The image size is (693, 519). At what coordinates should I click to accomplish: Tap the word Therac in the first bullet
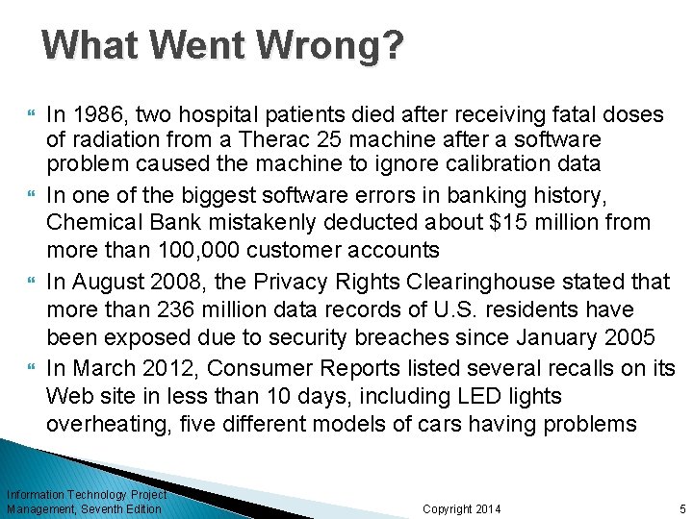pyautogui.click(x=242, y=139)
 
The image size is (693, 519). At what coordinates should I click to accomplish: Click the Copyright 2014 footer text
pyautogui.click(x=462, y=508)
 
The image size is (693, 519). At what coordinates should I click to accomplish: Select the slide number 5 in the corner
pyautogui.click(x=680, y=508)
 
